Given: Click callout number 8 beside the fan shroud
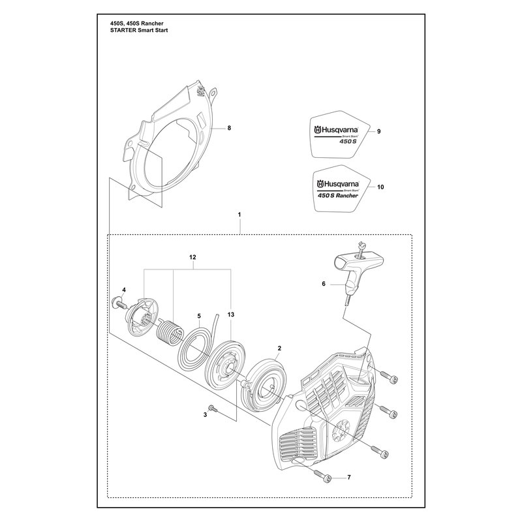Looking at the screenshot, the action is click(x=229, y=128).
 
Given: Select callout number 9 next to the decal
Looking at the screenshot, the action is click(x=379, y=132).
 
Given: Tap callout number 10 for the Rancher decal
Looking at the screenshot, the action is click(x=380, y=187).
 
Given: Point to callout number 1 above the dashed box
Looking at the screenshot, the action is click(x=239, y=215).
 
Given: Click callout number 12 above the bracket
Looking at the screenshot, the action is click(x=192, y=257).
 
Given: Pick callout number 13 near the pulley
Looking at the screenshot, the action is click(x=231, y=315).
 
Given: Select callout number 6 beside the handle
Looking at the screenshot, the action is click(x=324, y=284).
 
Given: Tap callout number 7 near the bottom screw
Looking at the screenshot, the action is click(x=349, y=478).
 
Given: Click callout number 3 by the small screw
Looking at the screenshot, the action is click(x=205, y=415).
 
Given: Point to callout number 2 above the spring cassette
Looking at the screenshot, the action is click(x=279, y=348).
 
